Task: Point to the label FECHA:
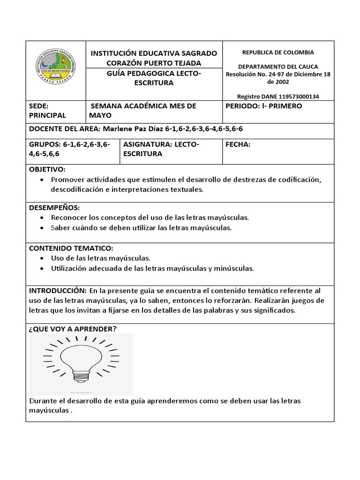(238, 145)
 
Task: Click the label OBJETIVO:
(47, 169)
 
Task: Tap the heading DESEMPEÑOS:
(54, 207)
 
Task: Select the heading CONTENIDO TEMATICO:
(71, 247)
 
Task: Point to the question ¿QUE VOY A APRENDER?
(73, 329)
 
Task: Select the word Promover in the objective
(67, 180)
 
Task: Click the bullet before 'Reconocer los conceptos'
(43, 218)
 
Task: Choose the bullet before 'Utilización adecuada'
(43, 269)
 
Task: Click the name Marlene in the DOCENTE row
(117, 128)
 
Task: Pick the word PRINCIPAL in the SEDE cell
(47, 115)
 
